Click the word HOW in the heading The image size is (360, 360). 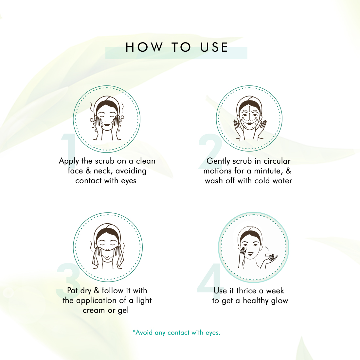coord(144,47)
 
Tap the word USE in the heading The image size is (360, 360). coord(214,47)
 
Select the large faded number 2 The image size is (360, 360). coord(210,152)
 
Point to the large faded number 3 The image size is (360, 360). coord(68,280)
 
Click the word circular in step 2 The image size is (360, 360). coord(277,161)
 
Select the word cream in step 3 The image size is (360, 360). coord(94,310)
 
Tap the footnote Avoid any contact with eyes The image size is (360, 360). coord(176,333)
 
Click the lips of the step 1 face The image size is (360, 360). coord(107,125)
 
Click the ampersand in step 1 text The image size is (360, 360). coord(88,171)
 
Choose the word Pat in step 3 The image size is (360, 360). coord(72,291)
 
